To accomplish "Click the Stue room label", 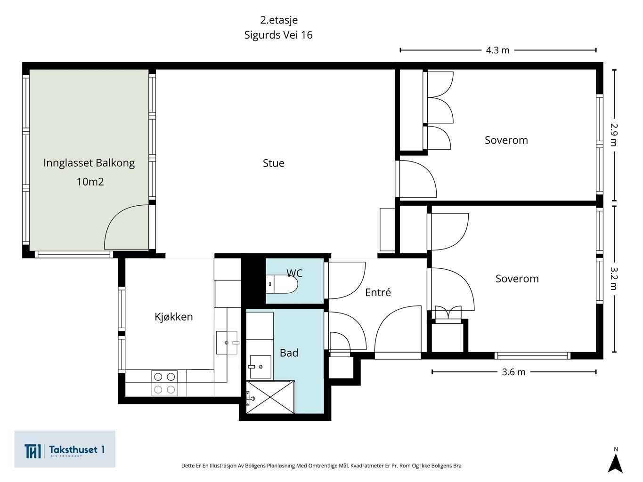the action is click(273, 163).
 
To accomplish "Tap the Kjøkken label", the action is click(174, 317).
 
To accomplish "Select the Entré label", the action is click(378, 292).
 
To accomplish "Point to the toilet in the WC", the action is click(282, 284).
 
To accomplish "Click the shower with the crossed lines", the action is click(270, 397).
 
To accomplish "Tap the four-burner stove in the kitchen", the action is click(164, 383).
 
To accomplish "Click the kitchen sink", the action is click(227, 343).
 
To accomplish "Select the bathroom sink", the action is click(260, 367).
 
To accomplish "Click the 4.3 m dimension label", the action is click(498, 50).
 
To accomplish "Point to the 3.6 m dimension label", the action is click(513, 372).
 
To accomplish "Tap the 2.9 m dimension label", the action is click(614, 134).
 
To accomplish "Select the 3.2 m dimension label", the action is click(614, 278).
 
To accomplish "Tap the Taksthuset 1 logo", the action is click(65, 449).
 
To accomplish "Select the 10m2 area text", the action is click(90, 182).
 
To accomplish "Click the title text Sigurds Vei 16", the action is click(278, 35).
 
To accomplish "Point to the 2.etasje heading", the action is click(279, 20).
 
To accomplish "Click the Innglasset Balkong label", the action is click(89, 163).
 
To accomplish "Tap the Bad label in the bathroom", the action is click(289, 353).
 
